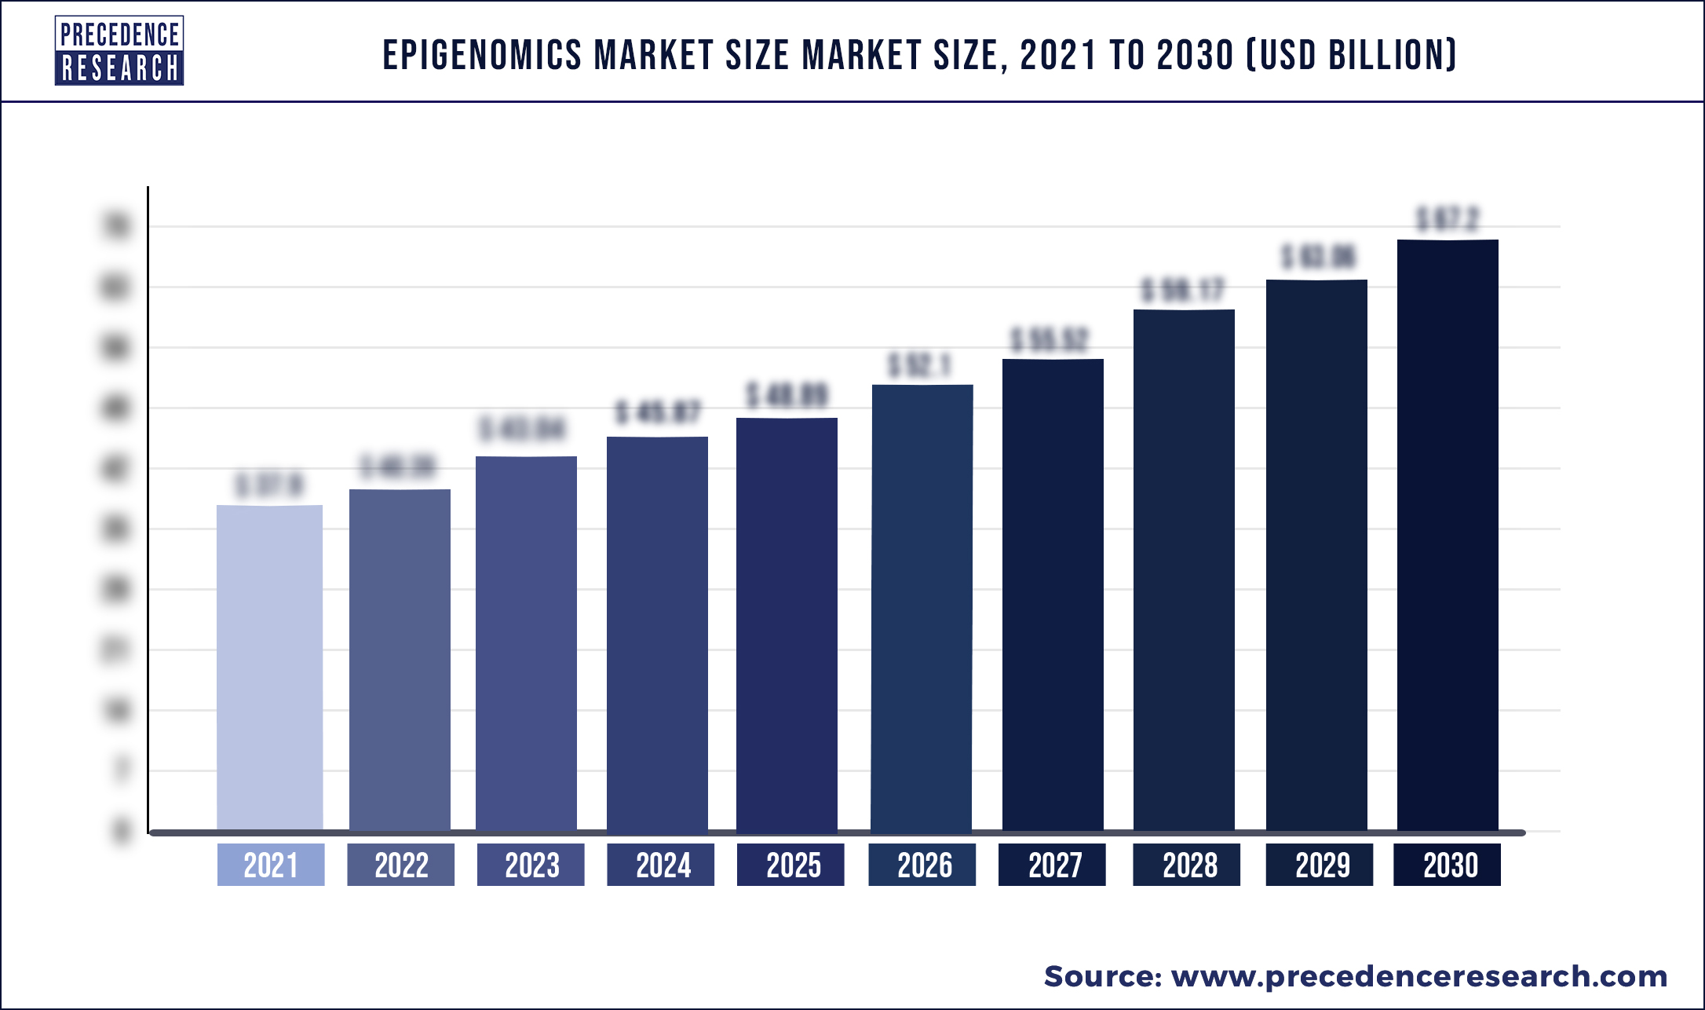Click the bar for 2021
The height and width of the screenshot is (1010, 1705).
pyautogui.click(x=269, y=668)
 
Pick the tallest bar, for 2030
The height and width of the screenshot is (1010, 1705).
pyautogui.click(x=1448, y=535)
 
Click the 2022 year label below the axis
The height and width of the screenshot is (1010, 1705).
pyautogui.click(x=401, y=865)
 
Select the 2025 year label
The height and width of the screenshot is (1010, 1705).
pyautogui.click(x=790, y=865)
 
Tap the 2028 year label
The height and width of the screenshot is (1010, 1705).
pyautogui.click(x=1186, y=865)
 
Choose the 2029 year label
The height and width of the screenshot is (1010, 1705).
pyautogui.click(x=1320, y=865)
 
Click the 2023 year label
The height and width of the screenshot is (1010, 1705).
pyautogui.click(x=531, y=865)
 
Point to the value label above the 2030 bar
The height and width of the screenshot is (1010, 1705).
pyautogui.click(x=1448, y=219)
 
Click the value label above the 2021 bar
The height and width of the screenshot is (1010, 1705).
pyautogui.click(x=269, y=485)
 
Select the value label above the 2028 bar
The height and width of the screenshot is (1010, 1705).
pyautogui.click(x=1183, y=291)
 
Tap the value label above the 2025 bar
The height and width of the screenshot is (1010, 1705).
pyautogui.click(x=787, y=396)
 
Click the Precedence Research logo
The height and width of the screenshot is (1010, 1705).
pyautogui.click(x=119, y=51)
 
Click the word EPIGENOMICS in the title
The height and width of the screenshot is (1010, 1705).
pyautogui.click(x=482, y=56)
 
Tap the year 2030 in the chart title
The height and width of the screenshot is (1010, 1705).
pyautogui.click(x=1196, y=56)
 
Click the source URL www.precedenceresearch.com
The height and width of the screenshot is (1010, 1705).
pyautogui.click(x=1419, y=976)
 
